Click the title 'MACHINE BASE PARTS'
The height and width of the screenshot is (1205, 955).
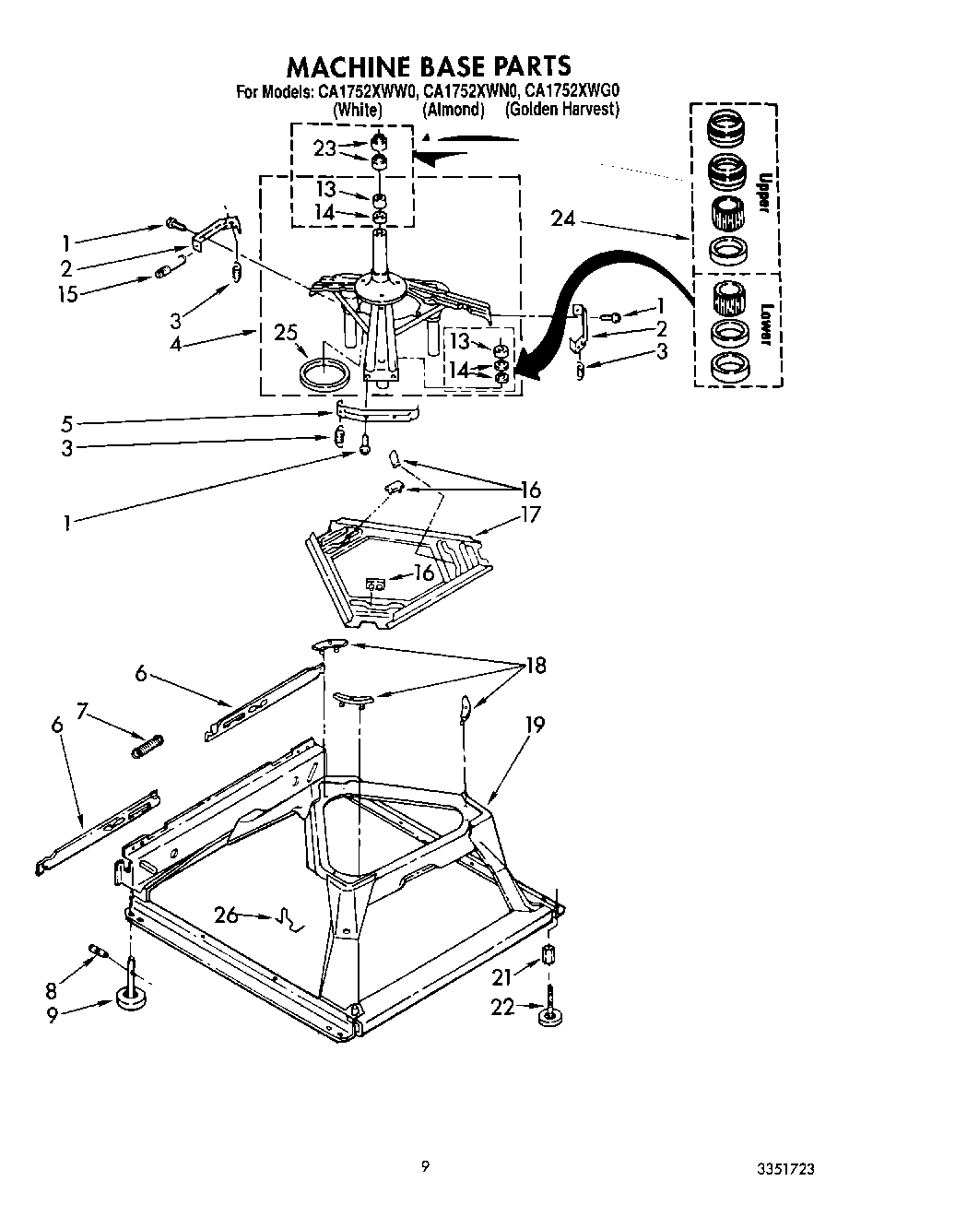[x=429, y=66]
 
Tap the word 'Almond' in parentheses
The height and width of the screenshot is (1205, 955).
[x=453, y=110]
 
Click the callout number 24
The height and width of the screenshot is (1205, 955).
[x=564, y=219]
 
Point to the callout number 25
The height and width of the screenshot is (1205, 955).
[x=288, y=333]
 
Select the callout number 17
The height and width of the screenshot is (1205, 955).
[x=531, y=514]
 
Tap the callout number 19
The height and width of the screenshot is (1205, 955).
[x=535, y=725]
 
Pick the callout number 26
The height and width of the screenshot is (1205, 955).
[x=226, y=916]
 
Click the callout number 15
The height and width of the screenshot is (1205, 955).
[x=66, y=294]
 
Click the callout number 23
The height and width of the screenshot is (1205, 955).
[x=324, y=149]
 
